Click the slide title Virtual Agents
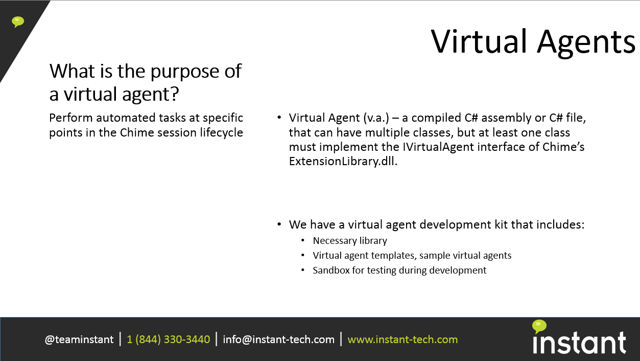(x=533, y=42)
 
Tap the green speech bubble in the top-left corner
(x=18, y=22)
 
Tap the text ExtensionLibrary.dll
(x=343, y=162)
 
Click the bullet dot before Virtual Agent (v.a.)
(x=279, y=117)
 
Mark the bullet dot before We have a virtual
(x=279, y=224)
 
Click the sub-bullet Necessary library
(x=350, y=241)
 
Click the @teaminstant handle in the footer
(x=79, y=340)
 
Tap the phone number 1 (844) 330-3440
(x=168, y=340)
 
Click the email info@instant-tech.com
(x=278, y=340)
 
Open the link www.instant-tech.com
(x=402, y=340)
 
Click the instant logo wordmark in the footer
(x=579, y=343)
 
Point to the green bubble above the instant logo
(x=539, y=326)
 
